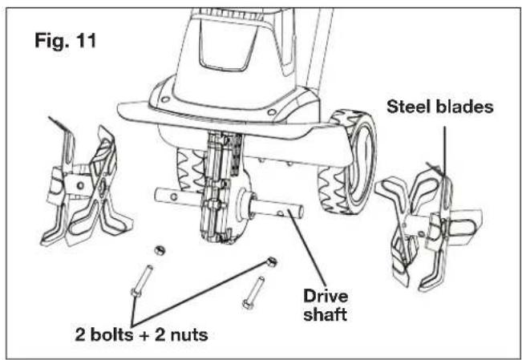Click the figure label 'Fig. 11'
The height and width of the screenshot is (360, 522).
63,39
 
